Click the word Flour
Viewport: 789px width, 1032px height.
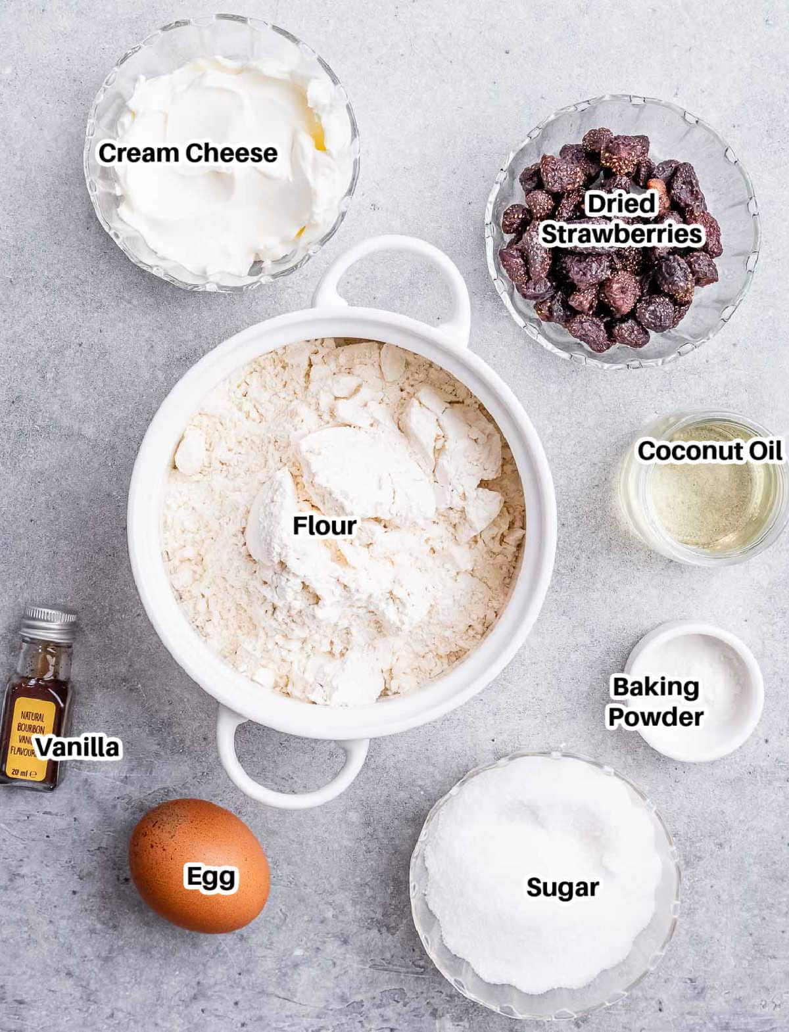tap(324, 526)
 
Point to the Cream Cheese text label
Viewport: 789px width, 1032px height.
tap(188, 153)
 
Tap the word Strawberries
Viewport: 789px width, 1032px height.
tap(621, 234)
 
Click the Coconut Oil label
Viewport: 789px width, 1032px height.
tap(710, 451)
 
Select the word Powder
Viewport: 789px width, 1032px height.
tap(656, 716)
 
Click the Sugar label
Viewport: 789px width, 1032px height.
tap(562, 887)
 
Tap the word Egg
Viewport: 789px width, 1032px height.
tap(210, 877)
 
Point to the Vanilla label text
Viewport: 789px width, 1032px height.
tap(78, 747)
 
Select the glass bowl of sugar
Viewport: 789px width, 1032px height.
tap(546, 947)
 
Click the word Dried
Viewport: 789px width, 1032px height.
tap(621, 204)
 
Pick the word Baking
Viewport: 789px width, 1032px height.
tap(656, 687)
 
